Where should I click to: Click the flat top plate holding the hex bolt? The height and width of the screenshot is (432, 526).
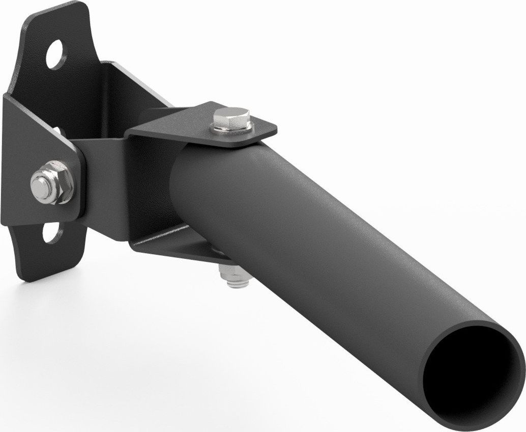(203, 122)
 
